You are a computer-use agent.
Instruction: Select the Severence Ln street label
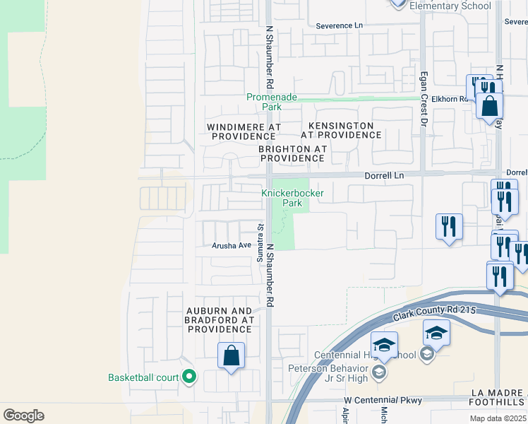tap(339, 25)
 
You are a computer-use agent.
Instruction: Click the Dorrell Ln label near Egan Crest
tap(384, 175)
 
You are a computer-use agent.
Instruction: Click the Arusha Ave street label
tap(232, 246)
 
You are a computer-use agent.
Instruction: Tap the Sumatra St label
tap(260, 242)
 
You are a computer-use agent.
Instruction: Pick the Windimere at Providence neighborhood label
tap(244, 131)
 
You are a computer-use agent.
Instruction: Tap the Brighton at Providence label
tap(292, 153)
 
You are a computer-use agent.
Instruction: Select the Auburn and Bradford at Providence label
tap(219, 320)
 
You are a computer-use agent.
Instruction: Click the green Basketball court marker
tap(188, 377)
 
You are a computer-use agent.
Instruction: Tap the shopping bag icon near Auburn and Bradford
tap(232, 355)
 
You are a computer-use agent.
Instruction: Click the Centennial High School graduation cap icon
tap(385, 345)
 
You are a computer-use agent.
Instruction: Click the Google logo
tap(23, 416)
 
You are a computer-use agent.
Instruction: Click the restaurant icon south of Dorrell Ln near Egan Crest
tap(449, 227)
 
